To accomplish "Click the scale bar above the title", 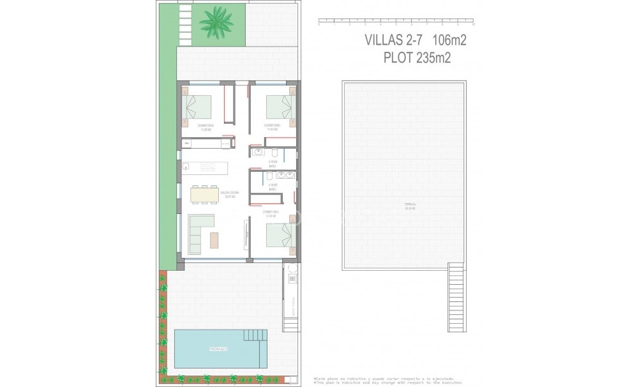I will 395,24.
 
